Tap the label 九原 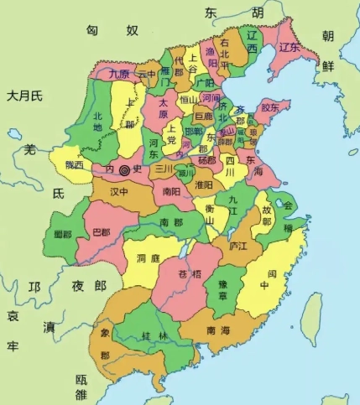pyautogui.click(x=121, y=74)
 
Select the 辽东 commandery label pyautogui.click(x=290, y=47)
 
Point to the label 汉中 pyautogui.click(x=117, y=191)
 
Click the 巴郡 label pyautogui.click(x=101, y=231)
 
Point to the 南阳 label pyautogui.click(x=171, y=191)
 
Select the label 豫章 pyautogui.click(x=221, y=288)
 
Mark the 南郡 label pyautogui.click(x=172, y=222)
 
